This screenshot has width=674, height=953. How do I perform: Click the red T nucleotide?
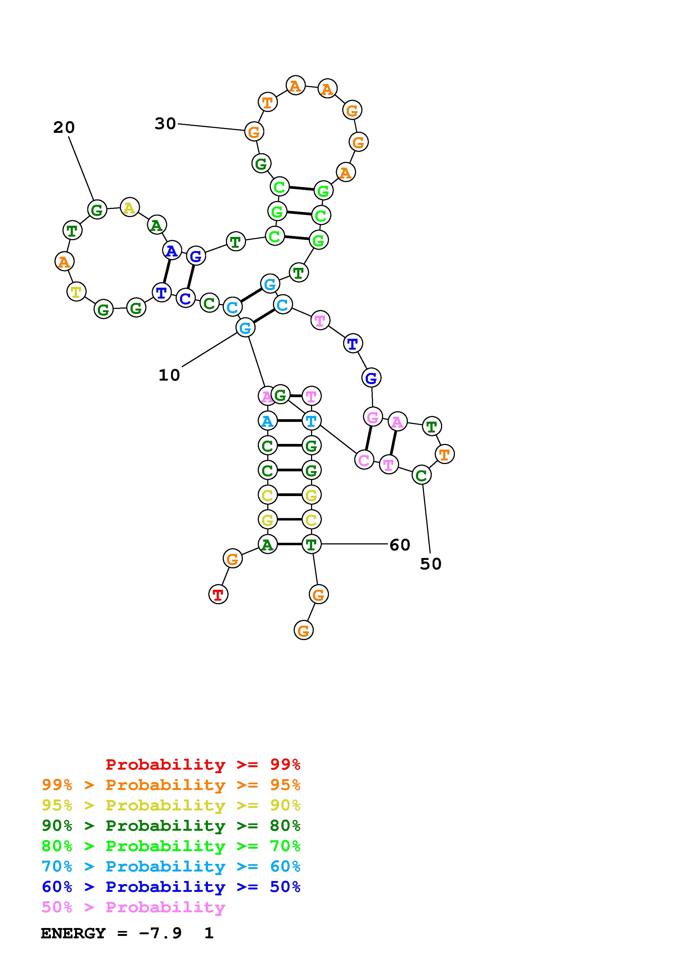pyautogui.click(x=218, y=594)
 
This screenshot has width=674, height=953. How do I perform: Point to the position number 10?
pyautogui.click(x=169, y=375)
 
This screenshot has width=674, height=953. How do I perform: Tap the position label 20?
pyautogui.click(x=64, y=127)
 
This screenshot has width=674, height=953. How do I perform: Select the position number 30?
pyautogui.click(x=165, y=124)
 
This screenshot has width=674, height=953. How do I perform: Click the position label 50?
pyautogui.click(x=431, y=564)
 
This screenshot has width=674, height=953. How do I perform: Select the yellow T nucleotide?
pyautogui.click(x=76, y=292)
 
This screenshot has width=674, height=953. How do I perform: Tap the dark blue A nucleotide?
pyautogui.click(x=172, y=251)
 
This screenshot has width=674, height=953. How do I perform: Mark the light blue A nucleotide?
pyautogui.click(x=268, y=421)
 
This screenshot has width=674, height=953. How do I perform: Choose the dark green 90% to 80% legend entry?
pyautogui.click(x=171, y=826)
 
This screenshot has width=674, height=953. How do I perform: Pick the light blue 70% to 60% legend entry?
pyautogui.click(x=171, y=867)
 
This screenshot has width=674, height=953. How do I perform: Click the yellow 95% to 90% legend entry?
pyautogui.click(x=171, y=805)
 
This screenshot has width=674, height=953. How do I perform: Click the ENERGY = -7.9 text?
pyautogui.click(x=111, y=933)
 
